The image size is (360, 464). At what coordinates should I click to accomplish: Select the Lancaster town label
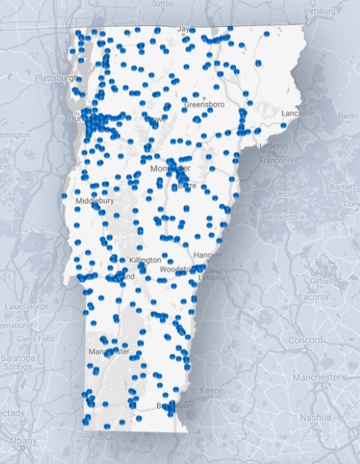pos(299,113)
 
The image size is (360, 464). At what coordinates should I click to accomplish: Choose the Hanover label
pos(209,254)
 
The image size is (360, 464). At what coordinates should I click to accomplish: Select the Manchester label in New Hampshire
pos(317,377)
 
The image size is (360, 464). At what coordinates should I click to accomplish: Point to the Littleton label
pos(272,145)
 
